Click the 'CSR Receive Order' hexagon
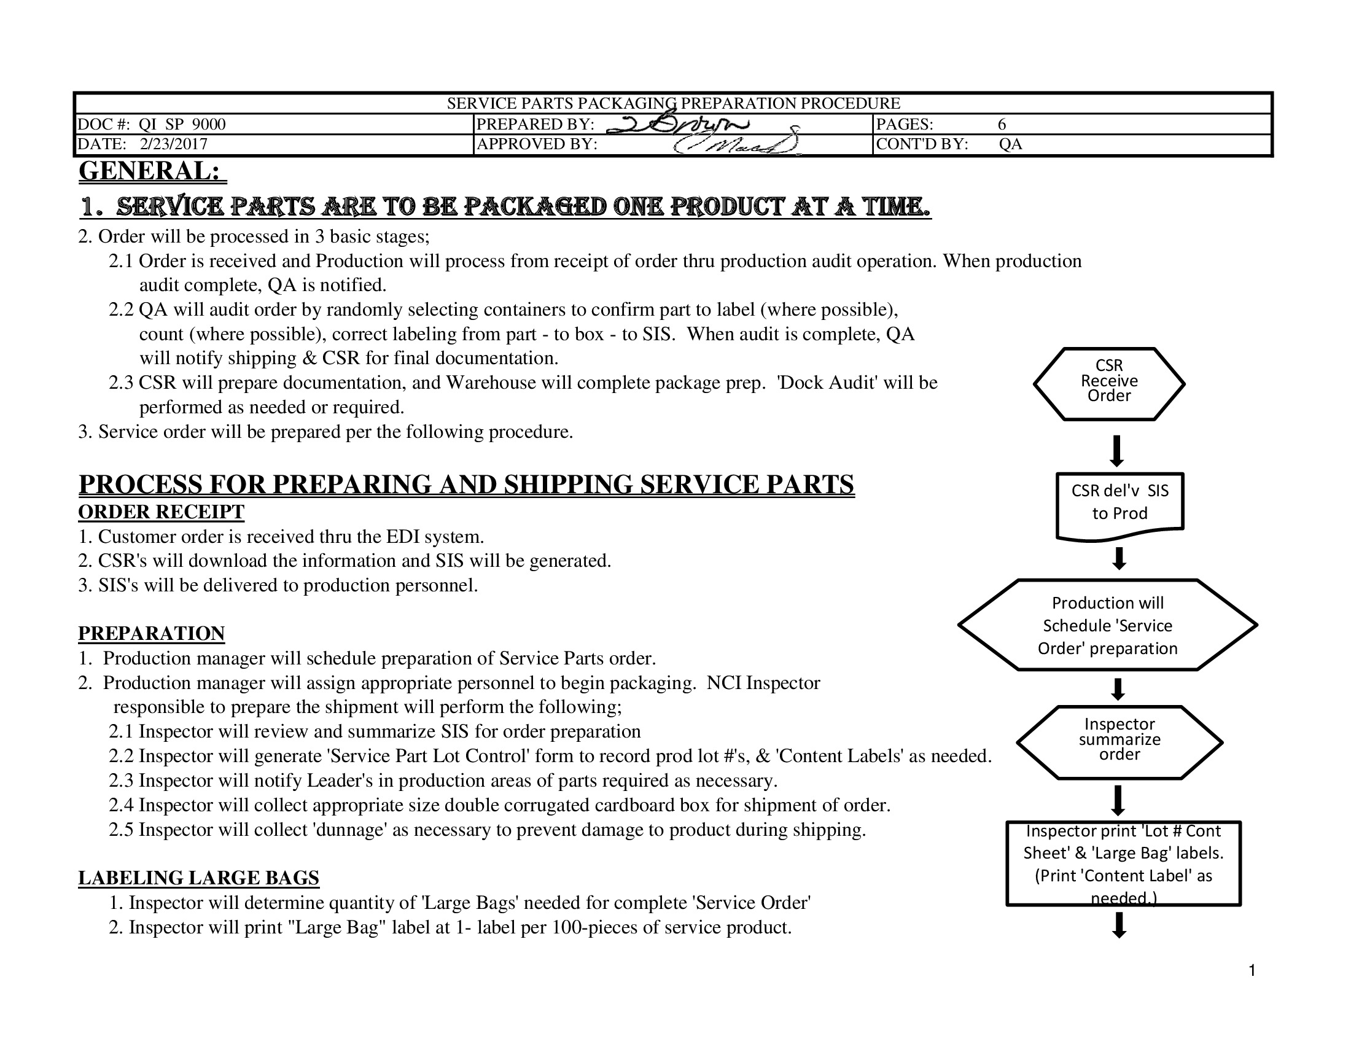[1108, 383]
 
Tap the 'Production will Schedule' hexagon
[1107, 625]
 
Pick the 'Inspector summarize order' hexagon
[1119, 741]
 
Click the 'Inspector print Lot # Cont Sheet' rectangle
[1123, 863]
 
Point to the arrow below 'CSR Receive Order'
[1117, 450]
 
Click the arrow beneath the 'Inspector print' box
[1118, 925]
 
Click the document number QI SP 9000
[182, 124]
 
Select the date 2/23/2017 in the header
[173, 144]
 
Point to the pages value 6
[1002, 124]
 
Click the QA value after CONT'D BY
[1010, 144]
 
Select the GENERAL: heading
[152, 171]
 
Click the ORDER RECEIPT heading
[162, 512]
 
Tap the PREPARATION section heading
[152, 633]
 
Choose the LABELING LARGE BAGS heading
[198, 878]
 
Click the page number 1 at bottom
[1252, 970]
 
